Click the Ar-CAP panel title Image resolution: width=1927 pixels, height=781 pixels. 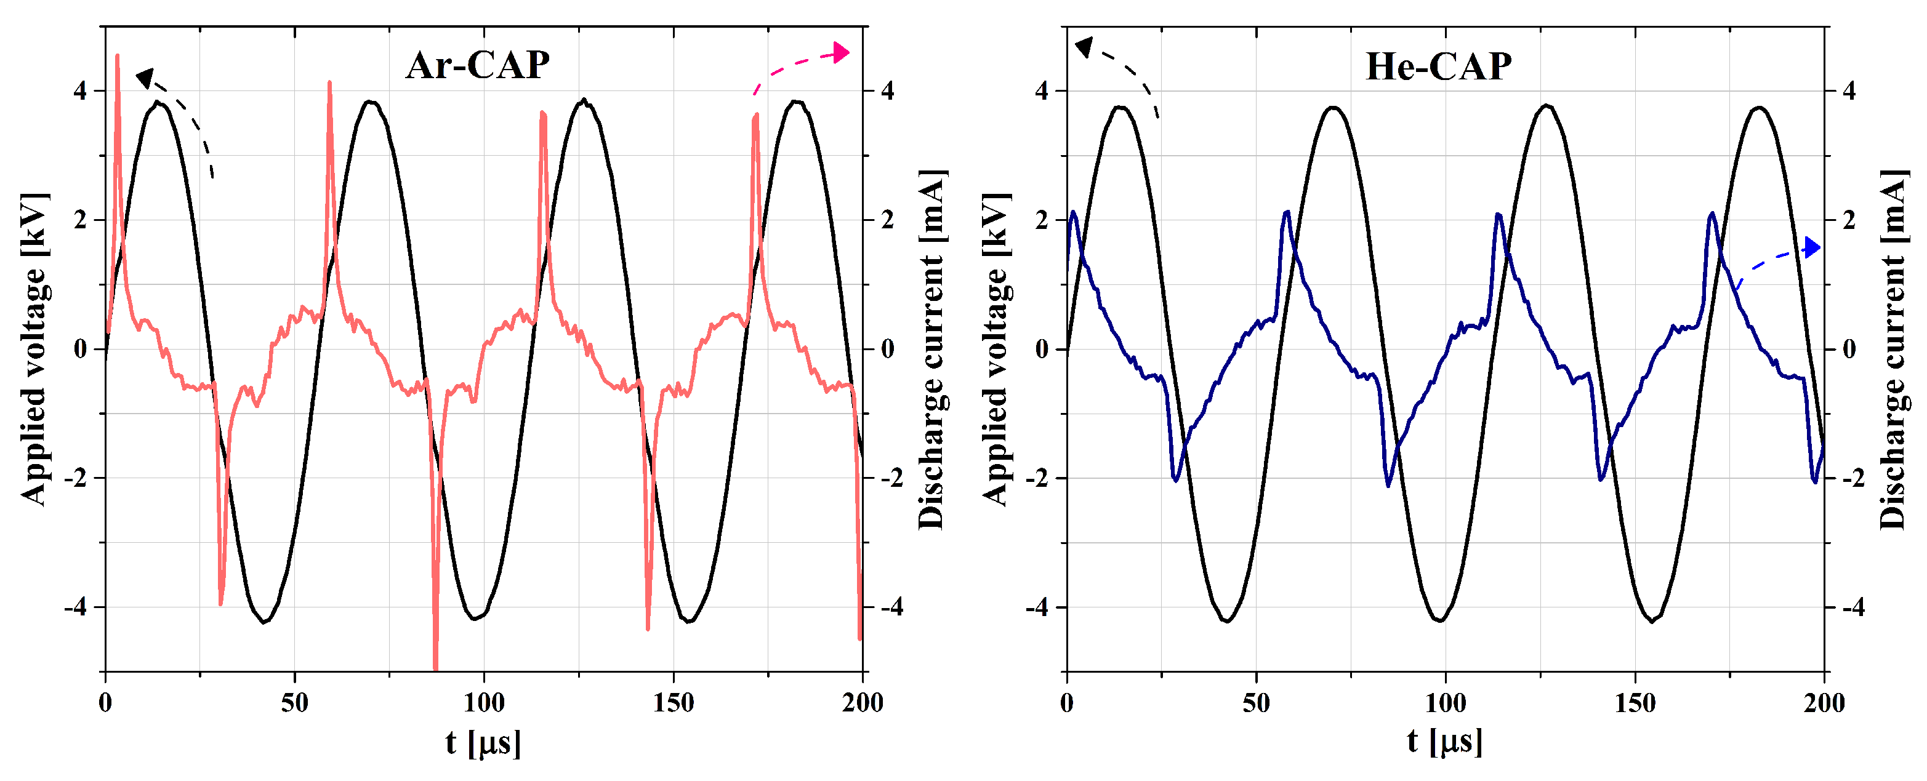[477, 65]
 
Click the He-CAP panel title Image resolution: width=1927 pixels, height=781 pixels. [1438, 66]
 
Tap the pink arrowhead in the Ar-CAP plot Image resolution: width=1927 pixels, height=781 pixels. [842, 52]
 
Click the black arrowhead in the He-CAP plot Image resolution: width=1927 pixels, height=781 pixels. [1083, 47]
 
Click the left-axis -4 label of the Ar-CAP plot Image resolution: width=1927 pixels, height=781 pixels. [76, 607]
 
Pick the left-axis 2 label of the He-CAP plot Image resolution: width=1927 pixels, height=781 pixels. [1041, 220]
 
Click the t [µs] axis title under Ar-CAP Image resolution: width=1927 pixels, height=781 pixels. [483, 743]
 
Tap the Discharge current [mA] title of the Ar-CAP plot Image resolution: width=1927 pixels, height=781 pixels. [931, 350]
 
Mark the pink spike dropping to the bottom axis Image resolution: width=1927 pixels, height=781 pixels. [435, 659]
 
